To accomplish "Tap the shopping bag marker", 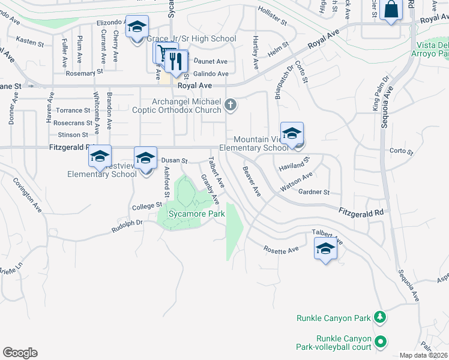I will click(x=391, y=10).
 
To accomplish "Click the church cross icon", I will click(x=229, y=106).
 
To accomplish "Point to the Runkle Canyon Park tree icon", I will click(x=379, y=316).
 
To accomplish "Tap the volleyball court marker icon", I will click(x=379, y=342).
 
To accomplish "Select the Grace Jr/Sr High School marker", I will click(x=137, y=27).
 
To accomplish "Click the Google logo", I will click(x=20, y=353).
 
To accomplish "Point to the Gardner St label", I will click(x=315, y=192).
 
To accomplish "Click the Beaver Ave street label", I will click(x=252, y=181).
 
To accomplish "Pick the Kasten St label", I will click(x=31, y=44).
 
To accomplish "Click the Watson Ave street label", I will click(x=297, y=181).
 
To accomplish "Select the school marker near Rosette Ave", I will click(x=325, y=248).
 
